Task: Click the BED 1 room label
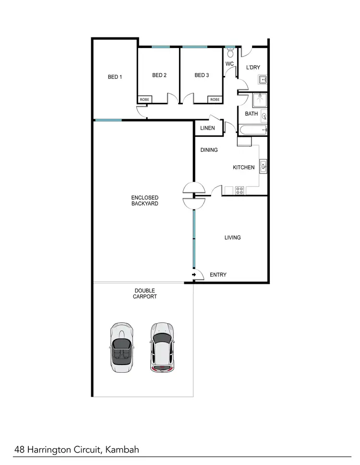click(x=115, y=77)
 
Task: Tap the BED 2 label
click(x=159, y=75)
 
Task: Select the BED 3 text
click(x=202, y=75)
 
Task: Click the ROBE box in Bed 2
click(x=144, y=99)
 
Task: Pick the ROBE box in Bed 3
click(x=215, y=99)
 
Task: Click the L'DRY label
click(x=253, y=68)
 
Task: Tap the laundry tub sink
click(x=263, y=80)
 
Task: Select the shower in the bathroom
click(x=260, y=100)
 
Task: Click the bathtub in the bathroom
click(x=252, y=130)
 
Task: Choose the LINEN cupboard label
click(x=207, y=128)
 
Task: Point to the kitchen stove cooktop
click(x=240, y=190)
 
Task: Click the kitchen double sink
click(x=263, y=166)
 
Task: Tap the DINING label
click(x=209, y=150)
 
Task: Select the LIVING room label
click(x=232, y=237)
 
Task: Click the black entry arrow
click(x=194, y=275)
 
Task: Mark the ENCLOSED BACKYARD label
click(x=144, y=201)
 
